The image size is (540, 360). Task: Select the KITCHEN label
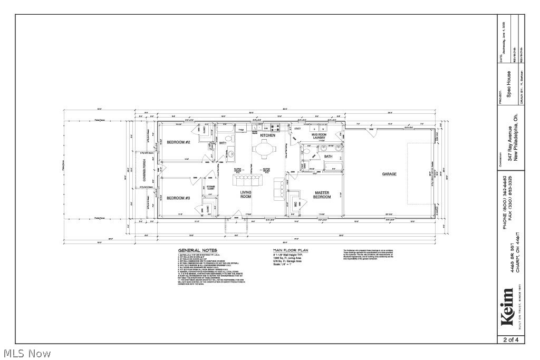(x=267, y=135)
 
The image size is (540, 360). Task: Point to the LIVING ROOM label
(x=246, y=194)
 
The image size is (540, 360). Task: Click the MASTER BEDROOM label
(x=322, y=195)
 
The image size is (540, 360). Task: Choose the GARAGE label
(x=389, y=174)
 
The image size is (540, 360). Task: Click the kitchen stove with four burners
(x=275, y=127)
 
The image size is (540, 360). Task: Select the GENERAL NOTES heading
(x=198, y=250)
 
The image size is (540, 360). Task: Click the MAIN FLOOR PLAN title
(x=291, y=250)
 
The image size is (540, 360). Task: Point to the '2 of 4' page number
(x=511, y=340)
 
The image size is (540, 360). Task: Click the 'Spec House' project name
(x=509, y=85)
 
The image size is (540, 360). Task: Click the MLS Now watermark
(x=26, y=353)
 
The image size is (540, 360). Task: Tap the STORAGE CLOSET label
(x=211, y=188)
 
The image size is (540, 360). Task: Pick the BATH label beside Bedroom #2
(x=223, y=142)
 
